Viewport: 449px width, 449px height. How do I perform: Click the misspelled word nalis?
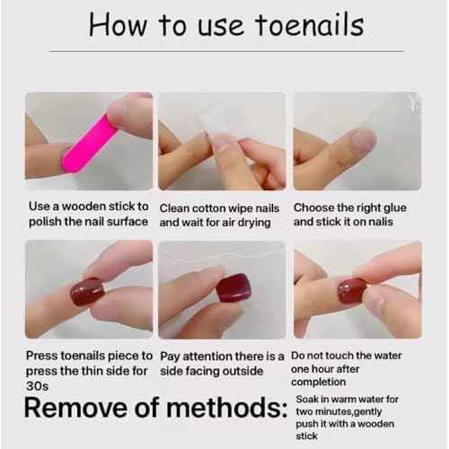point(389,222)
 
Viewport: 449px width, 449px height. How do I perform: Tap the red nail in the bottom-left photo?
point(87,291)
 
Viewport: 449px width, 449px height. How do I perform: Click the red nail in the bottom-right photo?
point(351,290)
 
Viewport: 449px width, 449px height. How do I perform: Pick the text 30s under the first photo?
point(37,384)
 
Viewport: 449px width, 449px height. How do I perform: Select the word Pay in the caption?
point(171,356)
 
